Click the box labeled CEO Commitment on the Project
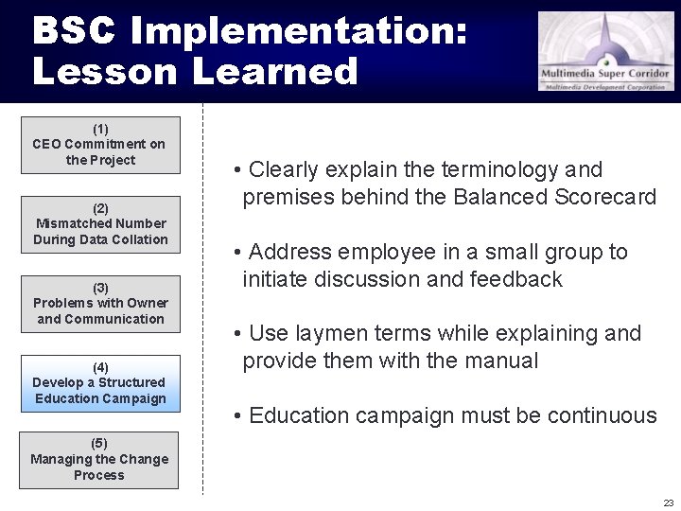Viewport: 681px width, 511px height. [99, 145]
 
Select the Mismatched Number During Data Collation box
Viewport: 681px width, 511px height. [99, 224]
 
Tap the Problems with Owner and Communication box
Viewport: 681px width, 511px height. [99, 304]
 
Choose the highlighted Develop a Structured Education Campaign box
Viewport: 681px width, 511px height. [99, 383]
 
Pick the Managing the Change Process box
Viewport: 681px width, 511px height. [99, 460]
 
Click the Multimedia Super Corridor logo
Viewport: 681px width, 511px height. [606, 51]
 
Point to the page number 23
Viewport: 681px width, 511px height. [668, 502]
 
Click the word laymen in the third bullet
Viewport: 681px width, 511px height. [331, 334]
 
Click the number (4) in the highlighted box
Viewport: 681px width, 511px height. [100, 367]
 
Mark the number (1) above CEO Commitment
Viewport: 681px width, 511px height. [100, 129]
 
